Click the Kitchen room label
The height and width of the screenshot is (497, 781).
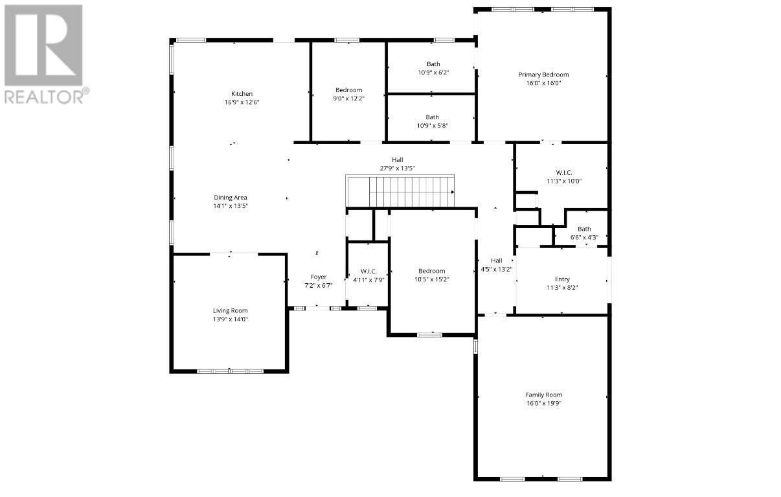[x=242, y=94]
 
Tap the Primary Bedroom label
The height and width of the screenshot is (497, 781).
[x=543, y=75]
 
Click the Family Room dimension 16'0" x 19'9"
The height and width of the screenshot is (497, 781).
[x=543, y=403]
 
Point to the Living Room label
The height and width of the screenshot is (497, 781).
[x=231, y=310]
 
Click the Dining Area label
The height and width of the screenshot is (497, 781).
[x=231, y=198]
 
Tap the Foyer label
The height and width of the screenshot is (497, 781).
[x=319, y=277]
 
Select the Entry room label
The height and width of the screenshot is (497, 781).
[x=562, y=279]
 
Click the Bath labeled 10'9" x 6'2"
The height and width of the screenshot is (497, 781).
[x=433, y=64]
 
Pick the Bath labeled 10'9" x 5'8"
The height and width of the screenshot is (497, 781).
[x=432, y=117]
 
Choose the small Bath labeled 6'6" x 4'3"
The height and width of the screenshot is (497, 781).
[x=584, y=229]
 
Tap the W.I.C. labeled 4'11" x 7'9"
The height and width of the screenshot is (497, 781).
[x=368, y=272]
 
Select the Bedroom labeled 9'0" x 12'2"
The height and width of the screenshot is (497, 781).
[x=348, y=90]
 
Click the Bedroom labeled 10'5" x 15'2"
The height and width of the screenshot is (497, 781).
[x=431, y=271]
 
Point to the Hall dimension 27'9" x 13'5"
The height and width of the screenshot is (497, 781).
[x=397, y=168]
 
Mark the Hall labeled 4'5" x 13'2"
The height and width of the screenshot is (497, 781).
[x=496, y=260]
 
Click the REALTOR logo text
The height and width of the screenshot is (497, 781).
[x=44, y=97]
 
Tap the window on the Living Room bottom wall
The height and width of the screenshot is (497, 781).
[x=230, y=371]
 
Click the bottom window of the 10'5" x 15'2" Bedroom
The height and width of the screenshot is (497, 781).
[x=429, y=335]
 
